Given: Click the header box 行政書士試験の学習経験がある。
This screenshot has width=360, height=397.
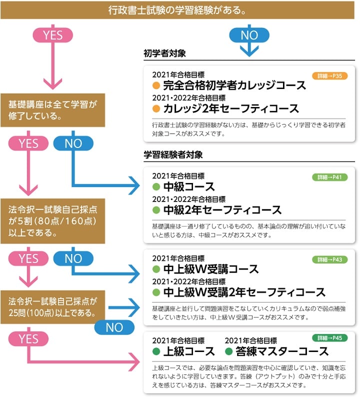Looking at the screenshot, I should coord(179,10).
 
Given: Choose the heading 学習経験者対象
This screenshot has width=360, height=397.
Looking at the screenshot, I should coord(173,155).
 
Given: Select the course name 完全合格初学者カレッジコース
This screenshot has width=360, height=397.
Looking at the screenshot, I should coord(234,85).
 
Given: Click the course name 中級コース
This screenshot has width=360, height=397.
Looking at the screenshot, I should coord(189,187).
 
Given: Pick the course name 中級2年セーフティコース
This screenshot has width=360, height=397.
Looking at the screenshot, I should coord(222,210).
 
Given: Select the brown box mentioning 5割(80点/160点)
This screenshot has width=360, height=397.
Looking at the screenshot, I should coord(52,220).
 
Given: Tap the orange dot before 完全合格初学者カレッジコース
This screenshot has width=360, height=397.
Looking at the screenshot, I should coord(156,85).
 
